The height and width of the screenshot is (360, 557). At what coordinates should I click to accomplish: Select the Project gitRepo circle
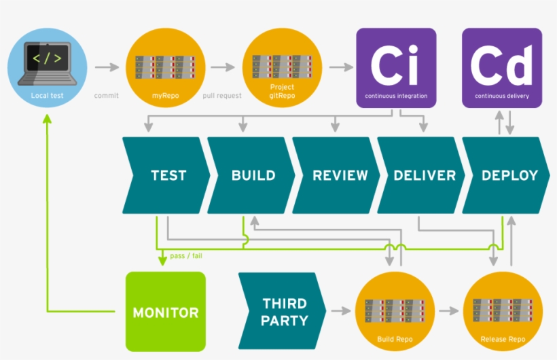coord(282,67)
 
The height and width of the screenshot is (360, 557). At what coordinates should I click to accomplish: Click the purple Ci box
coord(396,67)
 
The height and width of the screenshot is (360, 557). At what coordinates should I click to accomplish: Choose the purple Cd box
coord(502,67)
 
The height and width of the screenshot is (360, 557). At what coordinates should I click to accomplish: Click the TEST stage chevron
coord(166,175)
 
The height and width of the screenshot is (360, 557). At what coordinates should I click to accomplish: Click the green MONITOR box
coord(166,312)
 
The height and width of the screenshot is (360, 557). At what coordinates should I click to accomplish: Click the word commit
coord(106,96)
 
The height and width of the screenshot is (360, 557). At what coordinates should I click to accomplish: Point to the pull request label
coord(222,96)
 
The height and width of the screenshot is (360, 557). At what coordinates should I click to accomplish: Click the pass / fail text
coord(185,256)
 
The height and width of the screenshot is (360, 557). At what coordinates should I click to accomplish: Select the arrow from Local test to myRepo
coord(107,67)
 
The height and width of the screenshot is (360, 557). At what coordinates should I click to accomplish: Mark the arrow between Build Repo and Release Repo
coord(449,311)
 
